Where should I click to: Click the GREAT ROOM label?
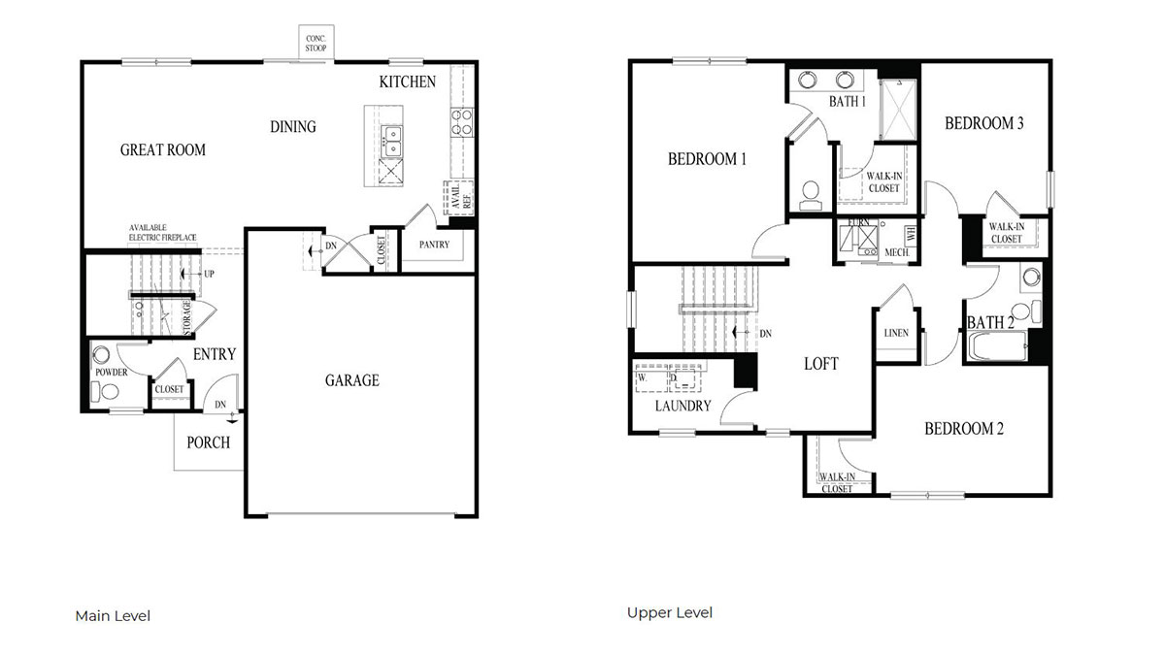tap(162, 149)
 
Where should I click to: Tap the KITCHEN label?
tap(407, 82)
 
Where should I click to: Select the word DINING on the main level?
tap(292, 127)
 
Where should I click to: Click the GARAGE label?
tap(351, 380)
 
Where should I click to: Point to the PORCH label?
tap(208, 442)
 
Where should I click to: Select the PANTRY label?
tap(434, 245)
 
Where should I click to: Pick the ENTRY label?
tap(214, 355)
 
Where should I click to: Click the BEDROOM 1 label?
tap(706, 159)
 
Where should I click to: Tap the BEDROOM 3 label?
tap(984, 123)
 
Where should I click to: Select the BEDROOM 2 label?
tap(963, 429)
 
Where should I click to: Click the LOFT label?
tap(820, 364)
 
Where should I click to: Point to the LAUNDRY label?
tap(682, 406)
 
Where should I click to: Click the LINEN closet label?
tap(896, 333)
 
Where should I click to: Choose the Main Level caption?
tap(113, 616)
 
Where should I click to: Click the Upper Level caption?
tap(669, 612)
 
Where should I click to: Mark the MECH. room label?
tap(895, 251)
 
